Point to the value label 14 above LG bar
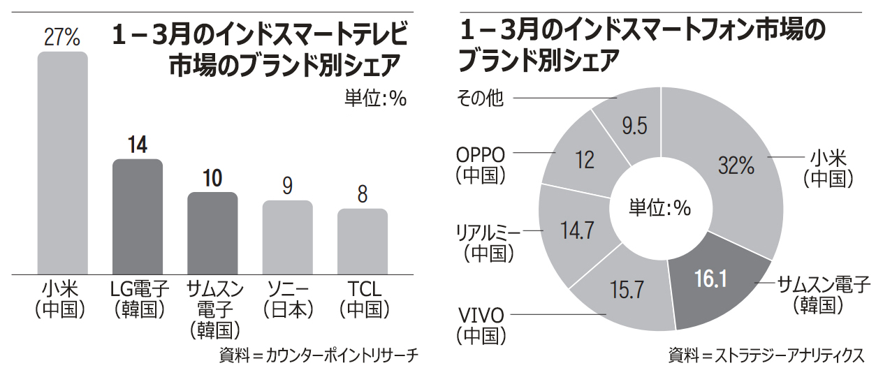pos(138,145)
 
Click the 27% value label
pos(62,38)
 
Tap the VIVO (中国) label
pos(481,324)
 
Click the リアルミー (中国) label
pos(491,242)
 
